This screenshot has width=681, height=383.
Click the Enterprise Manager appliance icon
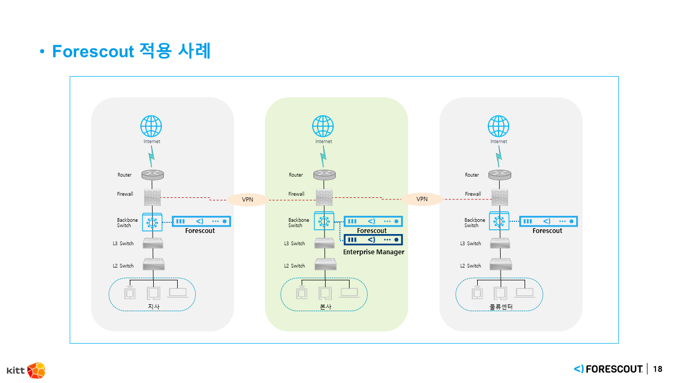[x=373, y=240]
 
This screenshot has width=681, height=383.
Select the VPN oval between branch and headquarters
[x=248, y=200]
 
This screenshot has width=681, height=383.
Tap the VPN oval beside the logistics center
[x=422, y=199]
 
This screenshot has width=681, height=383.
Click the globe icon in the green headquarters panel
[x=323, y=127]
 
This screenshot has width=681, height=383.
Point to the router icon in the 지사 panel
[x=153, y=174]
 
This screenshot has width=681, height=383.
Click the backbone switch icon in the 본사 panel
[x=323, y=221]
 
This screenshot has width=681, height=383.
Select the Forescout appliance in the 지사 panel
[x=201, y=221]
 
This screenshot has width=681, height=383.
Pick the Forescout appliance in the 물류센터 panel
[x=548, y=221]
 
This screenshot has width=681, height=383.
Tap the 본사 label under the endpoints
[x=325, y=307]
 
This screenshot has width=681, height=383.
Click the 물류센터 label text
[x=501, y=307]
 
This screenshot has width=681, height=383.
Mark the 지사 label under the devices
[x=153, y=307]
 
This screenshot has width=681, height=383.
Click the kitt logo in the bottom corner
[x=26, y=370]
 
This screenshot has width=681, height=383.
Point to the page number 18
[x=658, y=369]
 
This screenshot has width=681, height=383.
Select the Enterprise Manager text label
[x=373, y=252]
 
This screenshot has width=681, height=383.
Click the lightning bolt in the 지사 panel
[x=152, y=156]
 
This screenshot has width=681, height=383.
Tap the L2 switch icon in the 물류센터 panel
[x=500, y=264]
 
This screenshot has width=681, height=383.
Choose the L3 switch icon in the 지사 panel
[x=153, y=243]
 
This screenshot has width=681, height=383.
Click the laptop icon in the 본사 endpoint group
[x=349, y=292]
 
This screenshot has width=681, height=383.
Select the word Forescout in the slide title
[x=93, y=52]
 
